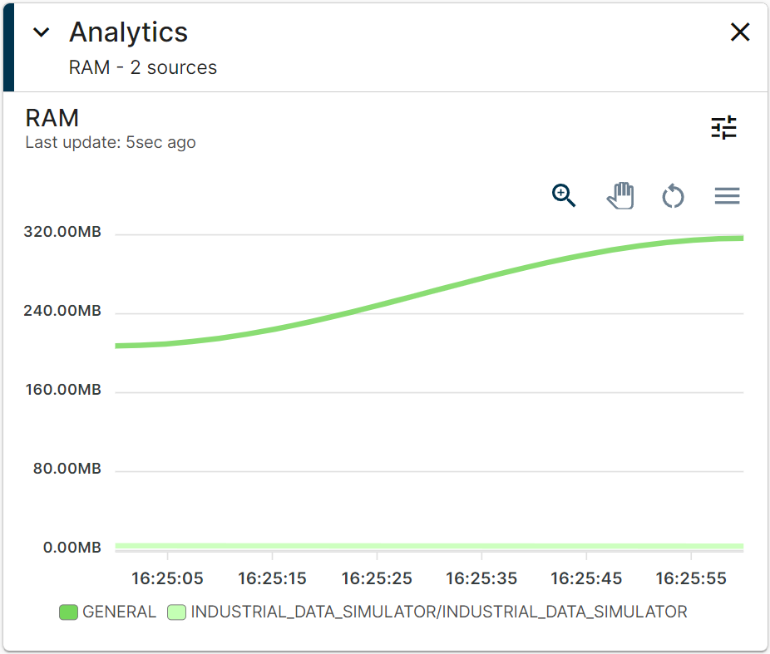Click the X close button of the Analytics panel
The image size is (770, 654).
(x=739, y=32)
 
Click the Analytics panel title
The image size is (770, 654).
(x=128, y=32)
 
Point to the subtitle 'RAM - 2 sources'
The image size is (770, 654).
(x=142, y=67)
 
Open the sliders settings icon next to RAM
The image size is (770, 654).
(x=723, y=127)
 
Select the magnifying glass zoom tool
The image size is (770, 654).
(x=564, y=196)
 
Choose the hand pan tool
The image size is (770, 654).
(x=620, y=196)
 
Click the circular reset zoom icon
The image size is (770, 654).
(x=673, y=197)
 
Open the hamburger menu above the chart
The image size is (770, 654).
(x=727, y=196)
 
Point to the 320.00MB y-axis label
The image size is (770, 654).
(x=62, y=232)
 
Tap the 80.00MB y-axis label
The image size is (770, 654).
(x=67, y=469)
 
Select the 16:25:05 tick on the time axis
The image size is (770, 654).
(x=167, y=578)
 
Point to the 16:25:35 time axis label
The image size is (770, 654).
(x=481, y=578)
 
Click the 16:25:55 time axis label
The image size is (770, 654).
(x=690, y=578)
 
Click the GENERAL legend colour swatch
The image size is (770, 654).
(x=68, y=612)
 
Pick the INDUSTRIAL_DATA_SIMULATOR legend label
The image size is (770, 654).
(x=439, y=612)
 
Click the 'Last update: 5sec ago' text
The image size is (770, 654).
(x=111, y=142)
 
